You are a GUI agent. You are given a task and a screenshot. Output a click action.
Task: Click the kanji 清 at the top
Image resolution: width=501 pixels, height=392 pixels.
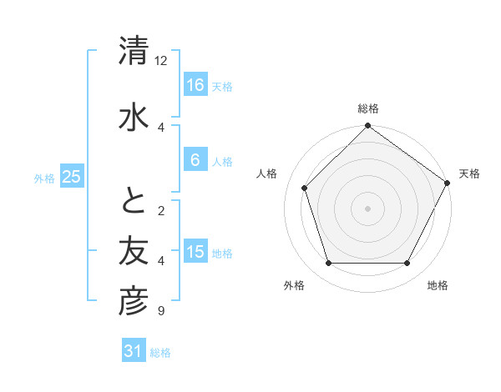[134, 51]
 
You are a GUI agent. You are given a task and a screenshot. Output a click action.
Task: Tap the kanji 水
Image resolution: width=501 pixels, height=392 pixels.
[134, 114]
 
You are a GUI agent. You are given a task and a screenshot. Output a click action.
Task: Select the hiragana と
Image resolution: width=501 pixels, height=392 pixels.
[134, 200]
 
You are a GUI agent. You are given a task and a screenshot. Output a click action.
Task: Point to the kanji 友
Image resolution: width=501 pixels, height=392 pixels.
[134, 249]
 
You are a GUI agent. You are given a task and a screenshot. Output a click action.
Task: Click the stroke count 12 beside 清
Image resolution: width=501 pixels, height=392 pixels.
[161, 61]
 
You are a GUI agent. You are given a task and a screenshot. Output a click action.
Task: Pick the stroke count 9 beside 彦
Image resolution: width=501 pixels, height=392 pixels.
[160, 312]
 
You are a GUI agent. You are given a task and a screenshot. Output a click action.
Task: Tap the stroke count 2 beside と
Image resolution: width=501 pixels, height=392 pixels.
[160, 211]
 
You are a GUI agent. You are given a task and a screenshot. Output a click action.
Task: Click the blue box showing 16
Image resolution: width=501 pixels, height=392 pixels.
[195, 85]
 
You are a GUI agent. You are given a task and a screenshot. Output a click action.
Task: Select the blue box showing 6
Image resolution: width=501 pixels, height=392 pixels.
[195, 160]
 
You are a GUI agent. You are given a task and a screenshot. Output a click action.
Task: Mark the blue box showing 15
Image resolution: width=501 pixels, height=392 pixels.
[195, 253]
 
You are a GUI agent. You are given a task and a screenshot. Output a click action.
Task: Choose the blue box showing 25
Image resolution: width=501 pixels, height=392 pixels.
[71, 177]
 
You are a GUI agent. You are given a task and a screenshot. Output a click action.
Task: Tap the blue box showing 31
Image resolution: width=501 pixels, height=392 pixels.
[134, 351]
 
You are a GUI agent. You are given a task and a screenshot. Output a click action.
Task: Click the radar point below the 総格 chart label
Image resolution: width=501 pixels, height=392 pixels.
[367, 127]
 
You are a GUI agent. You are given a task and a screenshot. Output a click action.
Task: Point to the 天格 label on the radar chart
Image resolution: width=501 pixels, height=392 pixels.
[469, 173]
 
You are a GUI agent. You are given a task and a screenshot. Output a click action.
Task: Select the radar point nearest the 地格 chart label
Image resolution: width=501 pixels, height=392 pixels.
[407, 264]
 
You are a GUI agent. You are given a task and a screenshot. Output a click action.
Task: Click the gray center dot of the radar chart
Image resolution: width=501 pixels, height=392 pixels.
[367, 208]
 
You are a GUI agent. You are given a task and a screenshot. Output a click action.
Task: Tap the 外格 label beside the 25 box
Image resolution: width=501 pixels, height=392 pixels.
[44, 178]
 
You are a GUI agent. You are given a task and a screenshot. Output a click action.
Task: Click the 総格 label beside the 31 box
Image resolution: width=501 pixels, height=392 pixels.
[160, 353]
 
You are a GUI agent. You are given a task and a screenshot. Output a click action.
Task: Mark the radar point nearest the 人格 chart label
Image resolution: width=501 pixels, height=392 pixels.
[305, 188]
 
